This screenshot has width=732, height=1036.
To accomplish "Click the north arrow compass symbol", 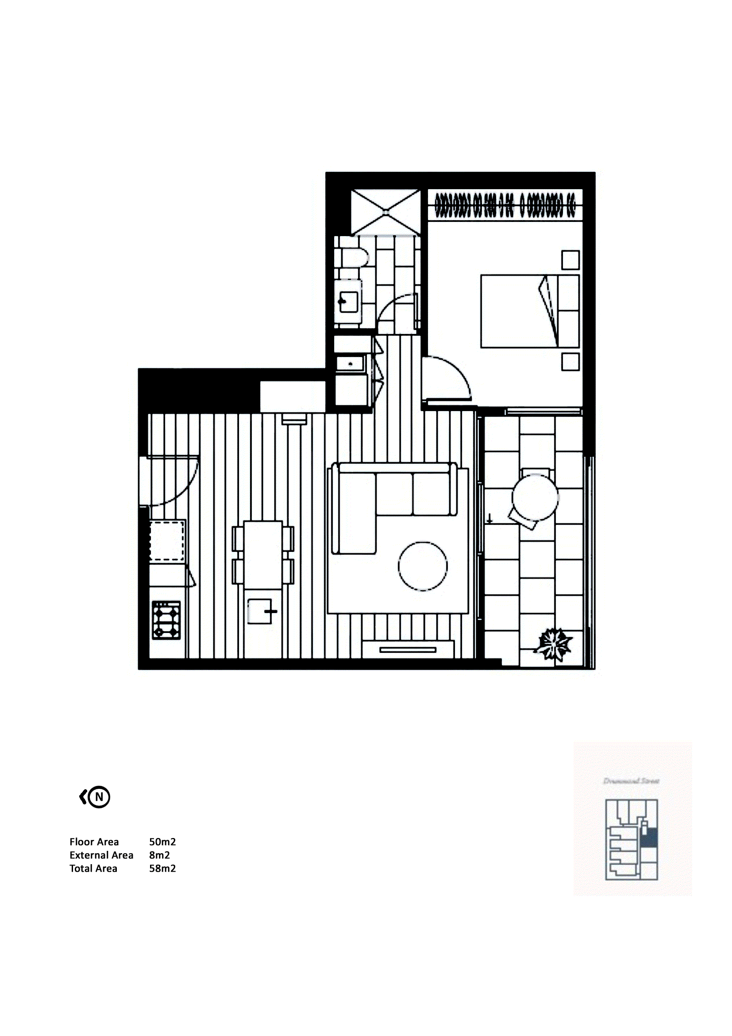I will click(96, 797).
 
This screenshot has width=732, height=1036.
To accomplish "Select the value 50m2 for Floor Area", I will click(162, 842).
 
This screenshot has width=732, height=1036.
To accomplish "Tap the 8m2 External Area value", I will click(159, 855).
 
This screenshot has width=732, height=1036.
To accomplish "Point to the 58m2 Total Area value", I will click(162, 869).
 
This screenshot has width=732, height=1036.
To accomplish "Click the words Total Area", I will click(93, 869).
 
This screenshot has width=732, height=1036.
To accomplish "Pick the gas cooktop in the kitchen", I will click(166, 621).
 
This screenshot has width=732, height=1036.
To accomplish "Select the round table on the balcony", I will click(535, 498).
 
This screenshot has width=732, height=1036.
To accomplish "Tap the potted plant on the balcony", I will click(553, 644).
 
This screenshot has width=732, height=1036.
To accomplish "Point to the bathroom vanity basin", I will click(348, 301).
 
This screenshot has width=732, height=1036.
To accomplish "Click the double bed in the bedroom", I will click(530, 311).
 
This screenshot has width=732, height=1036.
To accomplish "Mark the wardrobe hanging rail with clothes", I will click(505, 206).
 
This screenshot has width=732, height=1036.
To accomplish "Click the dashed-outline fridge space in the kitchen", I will click(166, 541).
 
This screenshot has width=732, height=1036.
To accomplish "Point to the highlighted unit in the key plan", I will click(649, 838).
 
